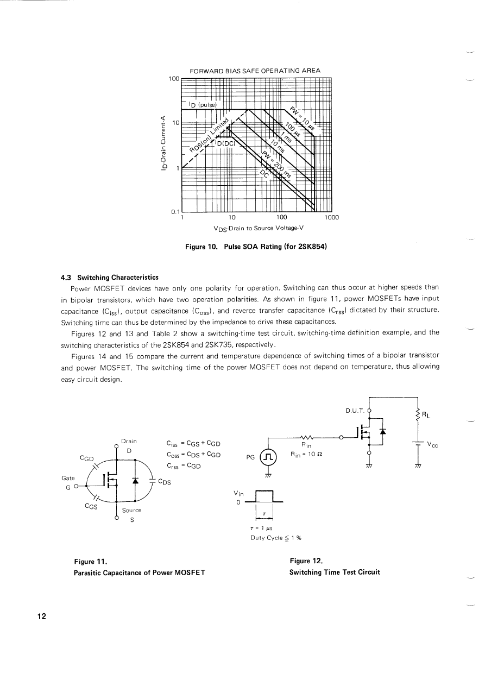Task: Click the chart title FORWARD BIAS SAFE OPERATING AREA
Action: (x=255, y=71)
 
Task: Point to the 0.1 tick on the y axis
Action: (x=175, y=212)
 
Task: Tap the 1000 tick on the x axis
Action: (x=331, y=218)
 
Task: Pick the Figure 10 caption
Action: (x=255, y=247)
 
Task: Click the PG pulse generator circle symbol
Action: (x=268, y=457)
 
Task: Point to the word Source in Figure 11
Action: (x=131, y=510)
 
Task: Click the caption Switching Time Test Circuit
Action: (x=335, y=572)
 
